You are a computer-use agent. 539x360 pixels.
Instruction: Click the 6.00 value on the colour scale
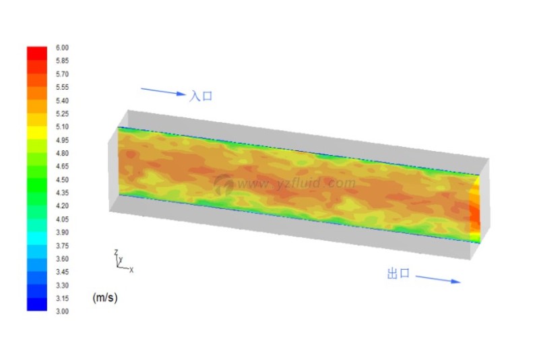62,47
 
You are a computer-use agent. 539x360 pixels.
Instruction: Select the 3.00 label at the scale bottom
62,311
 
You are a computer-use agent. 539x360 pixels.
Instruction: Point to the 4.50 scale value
62,179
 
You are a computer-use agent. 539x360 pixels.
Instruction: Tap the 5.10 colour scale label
62,127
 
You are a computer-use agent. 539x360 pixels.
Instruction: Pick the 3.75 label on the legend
62,245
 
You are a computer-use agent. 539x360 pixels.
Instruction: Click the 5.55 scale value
62,87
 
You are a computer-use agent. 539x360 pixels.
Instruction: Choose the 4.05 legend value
62,219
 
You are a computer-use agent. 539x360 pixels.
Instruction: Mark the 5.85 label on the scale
62,61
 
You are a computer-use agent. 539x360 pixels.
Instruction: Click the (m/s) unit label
105,297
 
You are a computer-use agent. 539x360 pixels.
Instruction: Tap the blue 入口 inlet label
201,96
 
